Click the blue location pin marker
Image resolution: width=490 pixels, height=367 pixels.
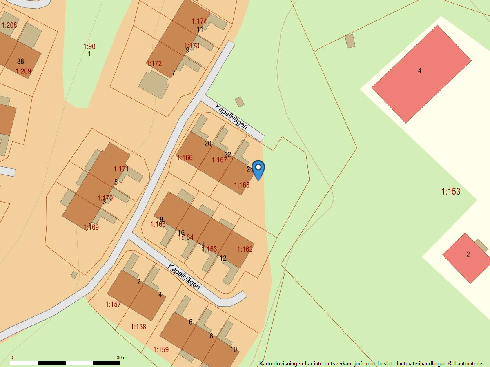tap(258, 169)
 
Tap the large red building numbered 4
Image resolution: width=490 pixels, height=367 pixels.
tap(421, 73)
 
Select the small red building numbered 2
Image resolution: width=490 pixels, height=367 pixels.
tap(466, 257)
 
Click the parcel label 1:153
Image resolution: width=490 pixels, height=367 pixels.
tap(451, 191)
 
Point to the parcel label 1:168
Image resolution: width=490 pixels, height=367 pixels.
tap(242, 185)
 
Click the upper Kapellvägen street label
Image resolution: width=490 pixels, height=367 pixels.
tap(231, 117)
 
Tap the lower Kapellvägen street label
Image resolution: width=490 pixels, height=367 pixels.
tap(184, 276)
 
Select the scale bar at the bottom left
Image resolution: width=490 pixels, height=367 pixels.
tap(65, 363)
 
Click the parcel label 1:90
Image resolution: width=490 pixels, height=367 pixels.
tap(89, 46)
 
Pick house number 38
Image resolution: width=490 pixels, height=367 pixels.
tap(20, 62)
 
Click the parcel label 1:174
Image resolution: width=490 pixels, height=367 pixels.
tap(199, 21)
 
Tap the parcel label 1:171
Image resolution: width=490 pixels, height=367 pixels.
tap(121, 168)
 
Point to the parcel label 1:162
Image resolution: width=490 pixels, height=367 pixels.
tap(245, 249)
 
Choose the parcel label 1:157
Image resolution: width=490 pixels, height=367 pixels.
tap(113, 304)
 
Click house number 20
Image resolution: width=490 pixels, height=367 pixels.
tap(208, 144)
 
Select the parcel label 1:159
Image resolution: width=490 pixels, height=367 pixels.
tap(161, 349)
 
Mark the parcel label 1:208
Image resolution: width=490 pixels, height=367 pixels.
tap(9, 25)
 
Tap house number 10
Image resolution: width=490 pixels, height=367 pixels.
tap(234, 349)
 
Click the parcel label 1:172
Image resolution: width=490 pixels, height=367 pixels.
tap(154, 64)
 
